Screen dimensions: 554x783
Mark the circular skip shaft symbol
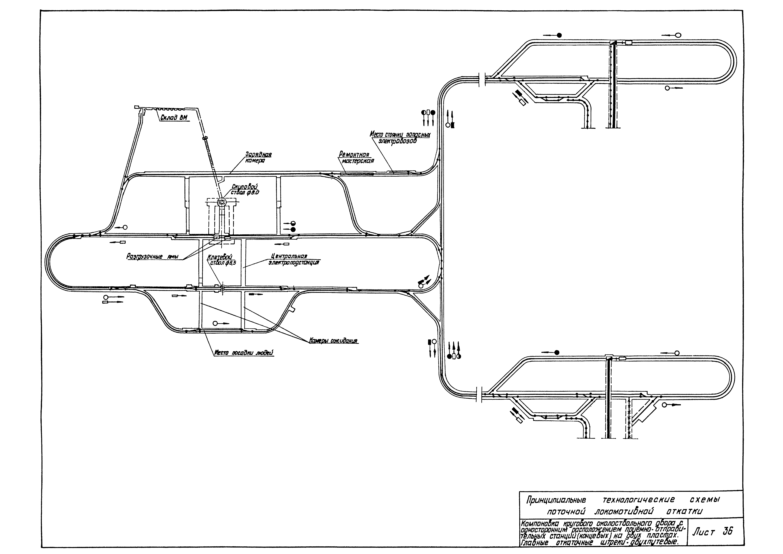click(222, 202)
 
